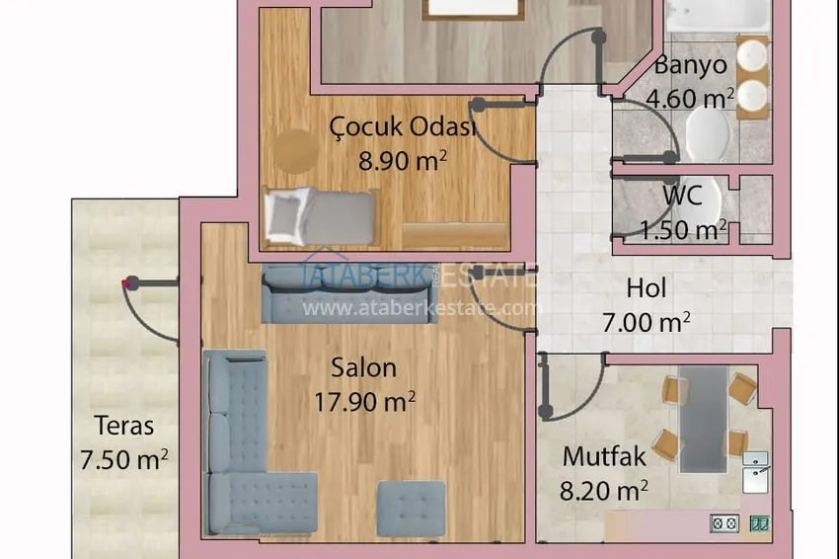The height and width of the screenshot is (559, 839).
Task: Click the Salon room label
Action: click(364, 367)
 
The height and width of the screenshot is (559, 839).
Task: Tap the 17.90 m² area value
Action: click(364, 402)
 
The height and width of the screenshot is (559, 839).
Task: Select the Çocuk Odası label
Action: click(403, 126)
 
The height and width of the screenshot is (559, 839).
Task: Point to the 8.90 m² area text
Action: click(403, 160)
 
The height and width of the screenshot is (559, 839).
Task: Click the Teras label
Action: click(124, 427)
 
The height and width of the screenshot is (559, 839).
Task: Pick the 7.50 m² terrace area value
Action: click(124, 459)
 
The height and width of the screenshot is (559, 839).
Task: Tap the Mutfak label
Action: click(604, 456)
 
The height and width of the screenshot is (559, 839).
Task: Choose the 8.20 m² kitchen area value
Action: click(604, 490)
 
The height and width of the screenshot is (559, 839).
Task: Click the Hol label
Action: click(647, 288)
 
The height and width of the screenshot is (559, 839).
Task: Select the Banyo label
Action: click(691, 65)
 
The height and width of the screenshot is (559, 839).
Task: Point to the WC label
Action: click(682, 196)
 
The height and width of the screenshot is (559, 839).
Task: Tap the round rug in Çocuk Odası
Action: click(296, 150)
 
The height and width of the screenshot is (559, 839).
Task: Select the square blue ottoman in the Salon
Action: click(411, 509)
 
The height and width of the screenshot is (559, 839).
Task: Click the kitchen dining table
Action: click(703, 420)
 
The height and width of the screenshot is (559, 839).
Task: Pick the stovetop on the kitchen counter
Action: click(725, 523)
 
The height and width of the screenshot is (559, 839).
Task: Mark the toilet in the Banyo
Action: click(707, 131)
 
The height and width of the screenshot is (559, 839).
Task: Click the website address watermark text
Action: click(419, 308)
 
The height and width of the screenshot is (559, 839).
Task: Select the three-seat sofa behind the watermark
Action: click(348, 294)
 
